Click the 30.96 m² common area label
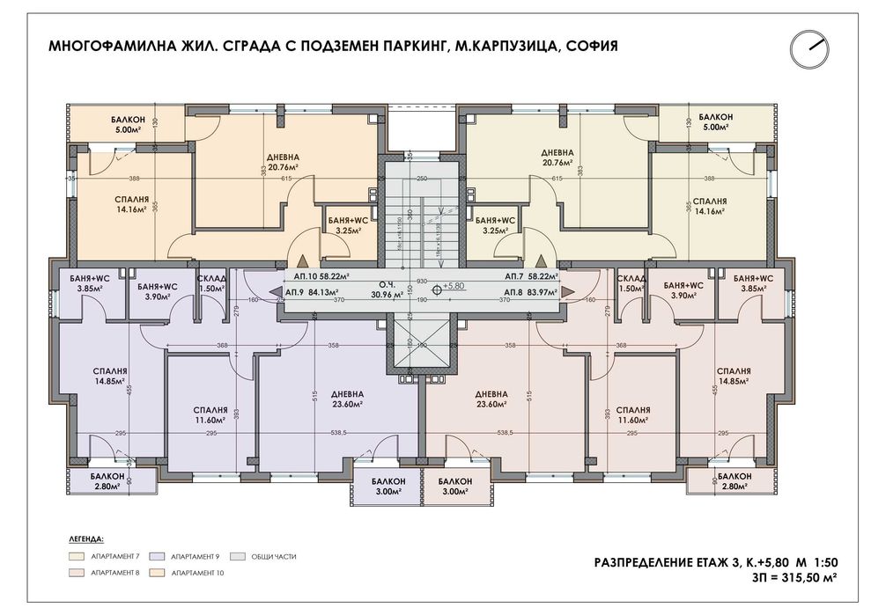410,289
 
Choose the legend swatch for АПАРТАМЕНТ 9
159,556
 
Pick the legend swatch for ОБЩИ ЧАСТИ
240,556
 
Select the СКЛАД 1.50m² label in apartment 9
211,283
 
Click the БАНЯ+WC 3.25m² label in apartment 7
494,224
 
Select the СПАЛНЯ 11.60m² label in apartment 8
633,414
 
